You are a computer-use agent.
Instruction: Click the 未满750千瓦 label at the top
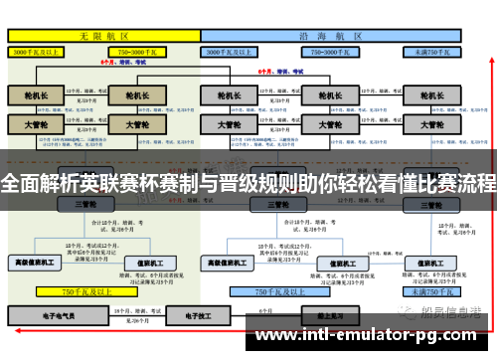[x=431, y=49]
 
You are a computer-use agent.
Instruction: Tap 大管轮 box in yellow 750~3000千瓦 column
[x=138, y=125]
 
